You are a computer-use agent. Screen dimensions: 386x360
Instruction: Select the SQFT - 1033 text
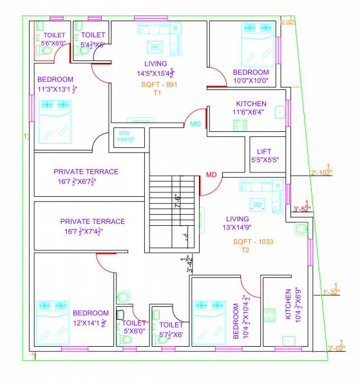point(254,242)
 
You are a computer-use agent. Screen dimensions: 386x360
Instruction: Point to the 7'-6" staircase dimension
point(176,201)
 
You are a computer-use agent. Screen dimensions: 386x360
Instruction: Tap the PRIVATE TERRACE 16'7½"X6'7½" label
point(86,176)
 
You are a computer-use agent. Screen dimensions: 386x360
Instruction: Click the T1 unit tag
point(156,93)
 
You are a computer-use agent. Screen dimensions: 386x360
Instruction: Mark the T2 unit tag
point(245,250)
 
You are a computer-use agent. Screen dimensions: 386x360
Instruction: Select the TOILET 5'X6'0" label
point(134,327)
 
